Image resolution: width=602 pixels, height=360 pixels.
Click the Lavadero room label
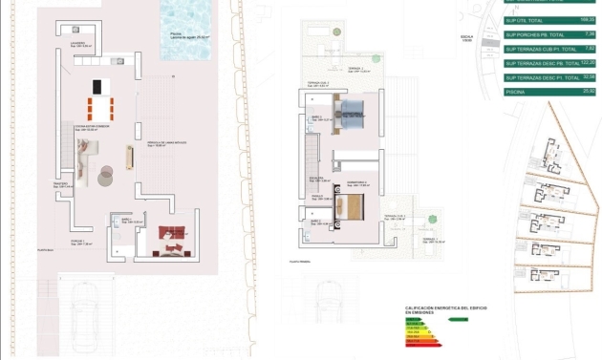(79, 43)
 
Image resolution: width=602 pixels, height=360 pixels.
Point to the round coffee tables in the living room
(106, 174)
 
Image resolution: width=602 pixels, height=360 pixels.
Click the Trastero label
(61, 185)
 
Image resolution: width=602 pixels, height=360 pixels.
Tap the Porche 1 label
(83, 243)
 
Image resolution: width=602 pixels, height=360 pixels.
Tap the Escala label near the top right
(466, 39)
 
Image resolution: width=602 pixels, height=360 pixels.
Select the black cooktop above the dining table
(97, 87)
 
